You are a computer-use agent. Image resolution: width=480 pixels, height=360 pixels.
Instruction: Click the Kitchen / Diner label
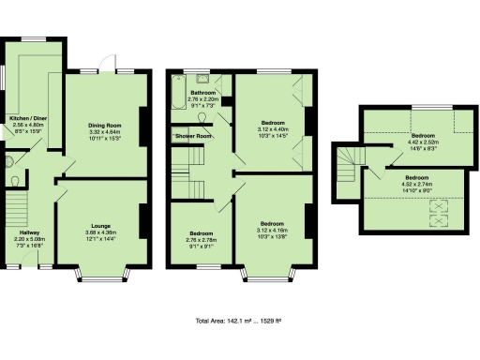(30, 119)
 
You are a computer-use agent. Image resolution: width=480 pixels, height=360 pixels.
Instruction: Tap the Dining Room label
(106, 125)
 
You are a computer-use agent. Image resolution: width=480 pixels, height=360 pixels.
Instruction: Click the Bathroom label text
(203, 93)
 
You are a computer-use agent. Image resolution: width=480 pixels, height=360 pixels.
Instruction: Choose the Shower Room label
(194, 136)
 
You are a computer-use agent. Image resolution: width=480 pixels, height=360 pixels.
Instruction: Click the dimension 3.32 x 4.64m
(106, 131)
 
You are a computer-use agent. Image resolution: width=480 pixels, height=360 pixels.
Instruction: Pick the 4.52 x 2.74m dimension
(418, 183)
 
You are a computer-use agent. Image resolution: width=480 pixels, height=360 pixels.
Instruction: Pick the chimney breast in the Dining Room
(142, 122)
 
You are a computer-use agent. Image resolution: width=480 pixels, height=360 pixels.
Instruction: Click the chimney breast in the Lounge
(142, 221)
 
